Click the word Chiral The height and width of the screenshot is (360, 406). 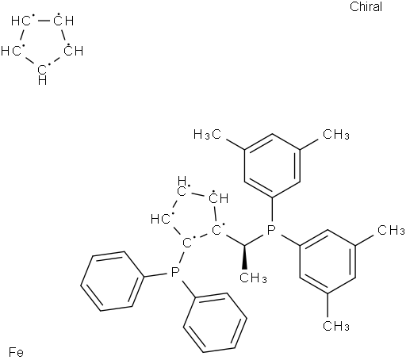366,6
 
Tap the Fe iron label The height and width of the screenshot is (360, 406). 16,352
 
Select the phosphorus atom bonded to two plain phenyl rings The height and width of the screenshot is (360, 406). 174,272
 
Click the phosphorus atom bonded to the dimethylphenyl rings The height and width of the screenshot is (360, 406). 270,230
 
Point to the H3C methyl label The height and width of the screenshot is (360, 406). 207,134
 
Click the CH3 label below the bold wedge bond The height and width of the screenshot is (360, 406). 253,278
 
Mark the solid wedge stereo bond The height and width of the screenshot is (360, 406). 244,258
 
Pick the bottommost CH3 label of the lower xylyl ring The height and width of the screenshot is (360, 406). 336,326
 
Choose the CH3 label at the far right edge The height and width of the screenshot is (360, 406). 391,230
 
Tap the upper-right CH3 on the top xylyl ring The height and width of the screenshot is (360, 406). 336,134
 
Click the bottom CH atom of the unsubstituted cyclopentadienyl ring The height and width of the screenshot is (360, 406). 43,75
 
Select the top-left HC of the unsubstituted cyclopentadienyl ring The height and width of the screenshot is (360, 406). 21,21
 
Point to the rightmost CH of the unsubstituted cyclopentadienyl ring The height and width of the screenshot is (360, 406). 74,50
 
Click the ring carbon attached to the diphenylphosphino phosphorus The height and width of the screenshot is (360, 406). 188,242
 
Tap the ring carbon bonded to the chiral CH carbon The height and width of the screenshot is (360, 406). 217,229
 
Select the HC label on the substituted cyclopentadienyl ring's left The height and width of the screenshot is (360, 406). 161,219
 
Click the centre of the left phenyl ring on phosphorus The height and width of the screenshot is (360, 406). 113,281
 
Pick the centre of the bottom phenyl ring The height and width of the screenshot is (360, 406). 216,323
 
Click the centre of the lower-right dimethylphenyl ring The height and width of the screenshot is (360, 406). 327,262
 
